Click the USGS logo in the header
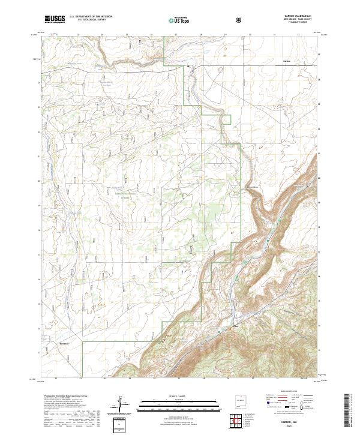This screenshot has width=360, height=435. click(x=55, y=19)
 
